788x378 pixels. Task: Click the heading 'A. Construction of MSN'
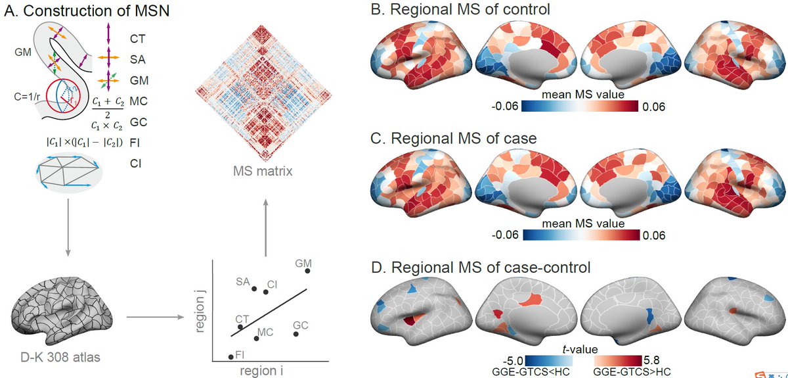pos(87,11)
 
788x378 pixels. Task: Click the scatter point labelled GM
pos(307,271)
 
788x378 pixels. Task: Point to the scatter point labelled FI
pos(230,356)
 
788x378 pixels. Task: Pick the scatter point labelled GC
pos(296,334)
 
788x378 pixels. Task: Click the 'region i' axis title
pos(262,371)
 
